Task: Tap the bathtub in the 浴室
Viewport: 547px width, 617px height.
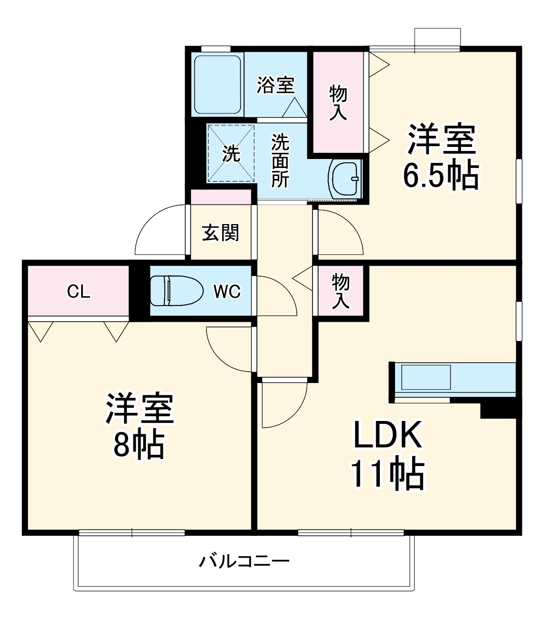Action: coord(217,84)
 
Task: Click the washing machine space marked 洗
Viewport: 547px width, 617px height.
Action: coord(231,153)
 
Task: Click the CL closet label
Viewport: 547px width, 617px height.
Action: coord(78,291)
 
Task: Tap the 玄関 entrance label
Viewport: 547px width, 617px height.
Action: coord(220,233)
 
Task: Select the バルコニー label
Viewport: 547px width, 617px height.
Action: coord(244,562)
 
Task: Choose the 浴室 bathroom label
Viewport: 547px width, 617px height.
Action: coord(276,85)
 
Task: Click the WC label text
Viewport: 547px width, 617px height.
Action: coord(227,291)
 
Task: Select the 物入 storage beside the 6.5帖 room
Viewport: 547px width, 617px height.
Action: coord(338,102)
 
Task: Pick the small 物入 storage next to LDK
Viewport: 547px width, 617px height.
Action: coord(340,290)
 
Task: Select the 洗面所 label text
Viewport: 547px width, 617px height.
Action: coord(280,160)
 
